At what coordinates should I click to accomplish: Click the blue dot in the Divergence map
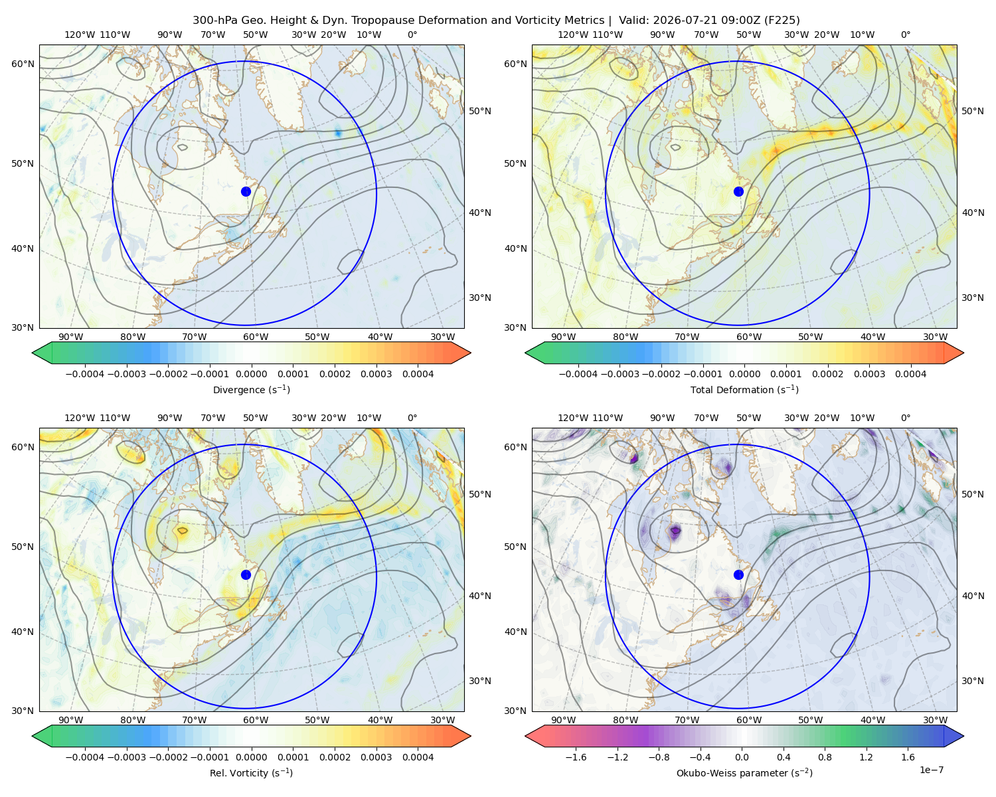[x=246, y=191]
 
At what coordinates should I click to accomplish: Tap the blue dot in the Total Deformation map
[x=738, y=191]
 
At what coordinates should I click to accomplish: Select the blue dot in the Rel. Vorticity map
[x=246, y=575]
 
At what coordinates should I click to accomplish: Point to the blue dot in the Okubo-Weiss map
[x=738, y=575]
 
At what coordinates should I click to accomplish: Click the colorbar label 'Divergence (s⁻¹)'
[x=251, y=389]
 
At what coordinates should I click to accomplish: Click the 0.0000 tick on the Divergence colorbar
[x=251, y=374]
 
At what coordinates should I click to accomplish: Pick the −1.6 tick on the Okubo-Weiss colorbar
[x=576, y=757]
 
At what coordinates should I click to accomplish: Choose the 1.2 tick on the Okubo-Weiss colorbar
[x=866, y=757]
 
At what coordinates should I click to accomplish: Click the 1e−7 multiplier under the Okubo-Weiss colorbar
[x=931, y=770]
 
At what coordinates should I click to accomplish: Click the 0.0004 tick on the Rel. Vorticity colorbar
[x=418, y=757]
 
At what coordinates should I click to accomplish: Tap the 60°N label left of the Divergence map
[x=23, y=64]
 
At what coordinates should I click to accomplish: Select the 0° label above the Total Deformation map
[x=905, y=35]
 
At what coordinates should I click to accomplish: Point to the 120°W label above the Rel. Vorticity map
[x=80, y=418]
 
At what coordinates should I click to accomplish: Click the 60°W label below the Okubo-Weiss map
[x=749, y=720]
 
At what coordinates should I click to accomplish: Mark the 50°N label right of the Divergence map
[x=480, y=111]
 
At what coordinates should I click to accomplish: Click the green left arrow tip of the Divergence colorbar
[x=33, y=353]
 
